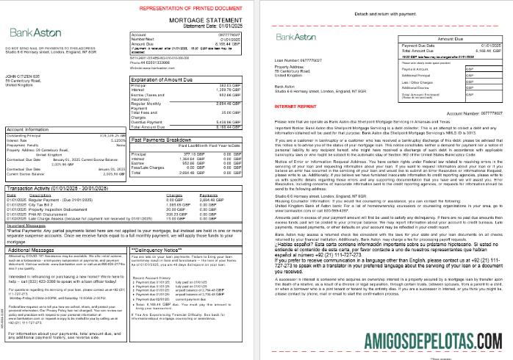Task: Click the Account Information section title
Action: pos(29,129)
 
